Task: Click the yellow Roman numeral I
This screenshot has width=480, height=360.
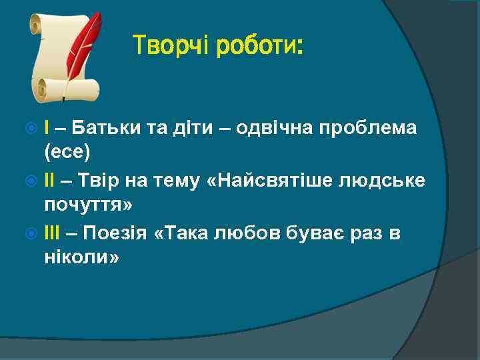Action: click(x=46, y=127)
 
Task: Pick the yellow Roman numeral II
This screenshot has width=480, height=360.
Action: click(x=49, y=179)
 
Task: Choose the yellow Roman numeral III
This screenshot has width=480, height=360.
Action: click(x=52, y=232)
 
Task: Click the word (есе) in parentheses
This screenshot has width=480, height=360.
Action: click(x=67, y=153)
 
